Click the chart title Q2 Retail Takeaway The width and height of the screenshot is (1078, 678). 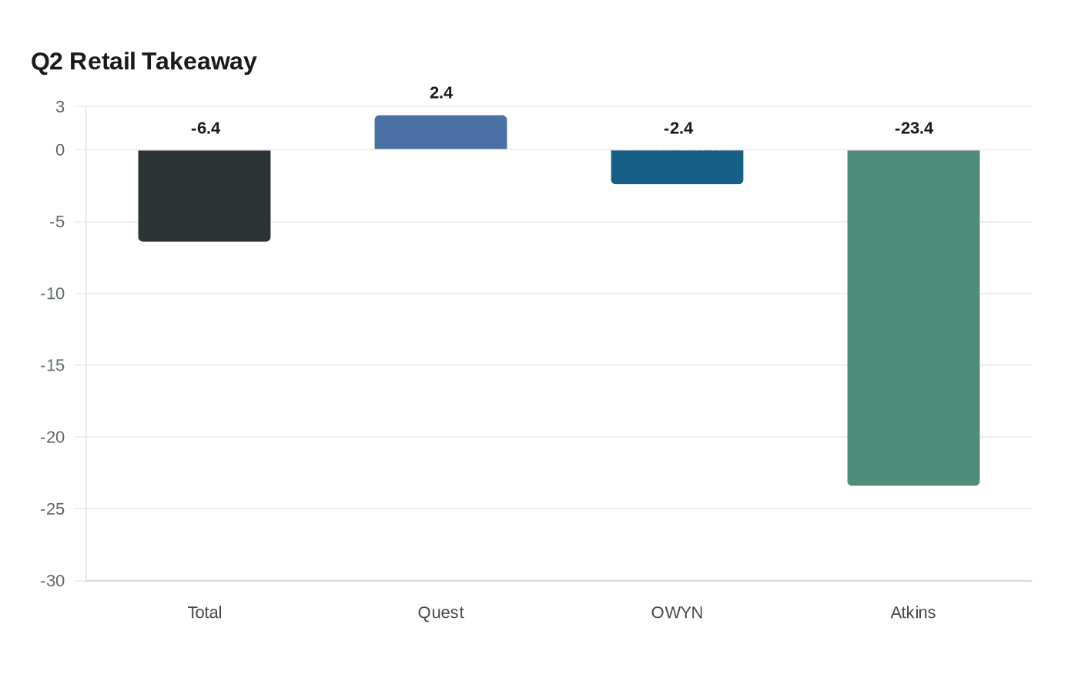pyautogui.click(x=144, y=62)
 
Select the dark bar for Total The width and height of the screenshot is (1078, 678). pyautogui.click(x=204, y=196)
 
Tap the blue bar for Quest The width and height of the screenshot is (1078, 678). pyautogui.click(x=440, y=133)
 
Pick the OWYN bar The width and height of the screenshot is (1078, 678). pyautogui.click(x=677, y=167)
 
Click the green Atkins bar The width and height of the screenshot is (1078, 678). pyautogui.click(x=913, y=317)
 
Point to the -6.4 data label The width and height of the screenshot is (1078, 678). pyautogui.click(x=206, y=129)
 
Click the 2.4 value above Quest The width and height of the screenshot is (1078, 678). pyautogui.click(x=441, y=93)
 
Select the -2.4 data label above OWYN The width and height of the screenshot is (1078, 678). pyautogui.click(x=678, y=129)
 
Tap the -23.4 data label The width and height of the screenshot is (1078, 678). pyautogui.click(x=914, y=129)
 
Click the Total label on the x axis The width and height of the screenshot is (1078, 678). pyautogui.click(x=205, y=613)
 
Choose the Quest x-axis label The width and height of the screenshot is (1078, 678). pyautogui.click(x=440, y=613)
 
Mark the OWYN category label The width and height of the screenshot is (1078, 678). pyautogui.click(x=677, y=613)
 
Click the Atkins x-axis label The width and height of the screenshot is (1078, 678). pyautogui.click(x=913, y=613)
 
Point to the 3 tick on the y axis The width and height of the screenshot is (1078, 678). pyautogui.click(x=60, y=107)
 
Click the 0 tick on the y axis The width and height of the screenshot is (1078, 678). pyautogui.click(x=60, y=150)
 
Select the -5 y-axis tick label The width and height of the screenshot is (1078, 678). pyautogui.click(x=56, y=222)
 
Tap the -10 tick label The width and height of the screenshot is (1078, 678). pyautogui.click(x=52, y=294)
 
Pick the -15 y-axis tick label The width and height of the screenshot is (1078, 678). pyautogui.click(x=52, y=365)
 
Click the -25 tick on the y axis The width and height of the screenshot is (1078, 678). pyautogui.click(x=52, y=509)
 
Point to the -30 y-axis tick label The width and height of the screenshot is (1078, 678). pyautogui.click(x=52, y=581)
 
